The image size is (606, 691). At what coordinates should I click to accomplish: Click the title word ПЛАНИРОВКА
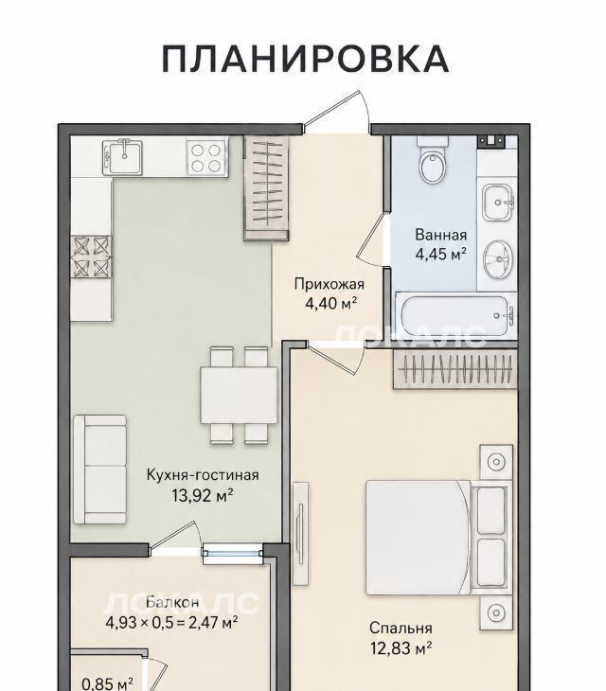click(305, 59)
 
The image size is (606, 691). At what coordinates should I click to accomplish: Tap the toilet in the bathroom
click(433, 162)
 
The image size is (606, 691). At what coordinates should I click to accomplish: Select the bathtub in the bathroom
click(455, 315)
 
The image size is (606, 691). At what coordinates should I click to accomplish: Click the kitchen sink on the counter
click(123, 157)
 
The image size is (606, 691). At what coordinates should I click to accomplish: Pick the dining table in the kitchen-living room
click(239, 396)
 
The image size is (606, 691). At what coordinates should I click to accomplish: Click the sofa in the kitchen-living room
click(100, 469)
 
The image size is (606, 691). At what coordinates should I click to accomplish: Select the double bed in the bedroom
click(438, 538)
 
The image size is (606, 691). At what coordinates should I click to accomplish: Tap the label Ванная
click(440, 235)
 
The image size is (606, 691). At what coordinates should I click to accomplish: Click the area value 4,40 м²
click(330, 303)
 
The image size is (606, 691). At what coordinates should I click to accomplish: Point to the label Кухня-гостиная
click(203, 475)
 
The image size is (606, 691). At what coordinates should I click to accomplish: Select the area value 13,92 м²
click(203, 496)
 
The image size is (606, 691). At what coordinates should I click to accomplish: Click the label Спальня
click(401, 628)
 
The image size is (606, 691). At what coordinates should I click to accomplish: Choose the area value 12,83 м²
click(401, 648)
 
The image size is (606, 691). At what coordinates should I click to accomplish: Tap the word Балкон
click(172, 602)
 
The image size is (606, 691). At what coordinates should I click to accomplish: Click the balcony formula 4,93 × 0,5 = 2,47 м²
click(172, 623)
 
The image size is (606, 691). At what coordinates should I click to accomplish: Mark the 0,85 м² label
click(108, 684)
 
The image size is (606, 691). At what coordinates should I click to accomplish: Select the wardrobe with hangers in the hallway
click(267, 188)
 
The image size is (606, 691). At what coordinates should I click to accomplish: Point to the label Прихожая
click(330, 284)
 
